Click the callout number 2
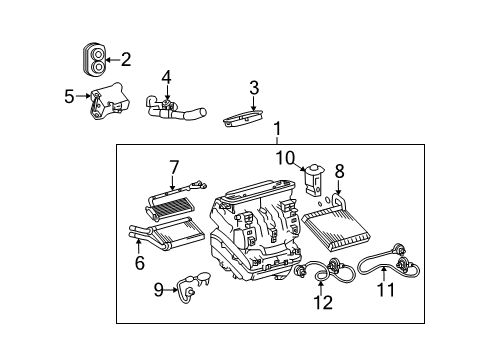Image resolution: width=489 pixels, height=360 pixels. click(x=125, y=59)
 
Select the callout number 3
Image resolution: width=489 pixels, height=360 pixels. click(x=254, y=87)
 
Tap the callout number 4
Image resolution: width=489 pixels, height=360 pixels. click(x=167, y=75)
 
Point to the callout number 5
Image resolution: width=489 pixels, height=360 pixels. click(x=69, y=97)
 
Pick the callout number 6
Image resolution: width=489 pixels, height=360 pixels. click(x=139, y=263)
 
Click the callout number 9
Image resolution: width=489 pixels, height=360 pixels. click(x=159, y=291)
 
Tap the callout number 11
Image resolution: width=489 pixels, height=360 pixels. click(x=386, y=290)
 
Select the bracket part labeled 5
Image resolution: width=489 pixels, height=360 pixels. click(x=106, y=102)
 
